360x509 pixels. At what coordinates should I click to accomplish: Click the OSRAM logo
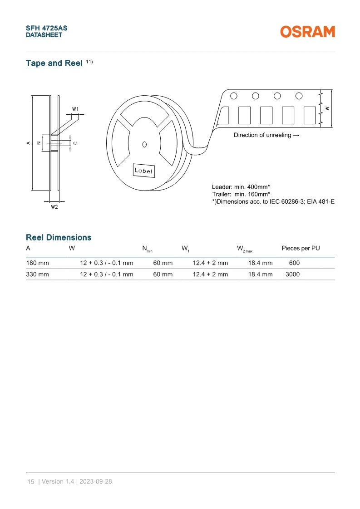click(x=307, y=32)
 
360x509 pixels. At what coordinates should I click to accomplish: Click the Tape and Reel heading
click(x=54, y=63)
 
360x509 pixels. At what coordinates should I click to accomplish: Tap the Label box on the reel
click(x=143, y=171)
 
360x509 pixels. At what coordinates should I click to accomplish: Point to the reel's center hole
click(x=144, y=144)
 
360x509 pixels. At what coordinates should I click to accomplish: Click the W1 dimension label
click(x=75, y=109)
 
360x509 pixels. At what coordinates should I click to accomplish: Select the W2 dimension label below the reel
click(x=54, y=207)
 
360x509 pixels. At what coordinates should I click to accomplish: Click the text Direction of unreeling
click(x=262, y=135)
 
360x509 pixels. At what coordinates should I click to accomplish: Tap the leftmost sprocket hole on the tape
click(x=234, y=96)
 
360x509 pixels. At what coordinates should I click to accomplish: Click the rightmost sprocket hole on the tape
click(x=299, y=96)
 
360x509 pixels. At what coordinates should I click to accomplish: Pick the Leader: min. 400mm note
click(x=241, y=187)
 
